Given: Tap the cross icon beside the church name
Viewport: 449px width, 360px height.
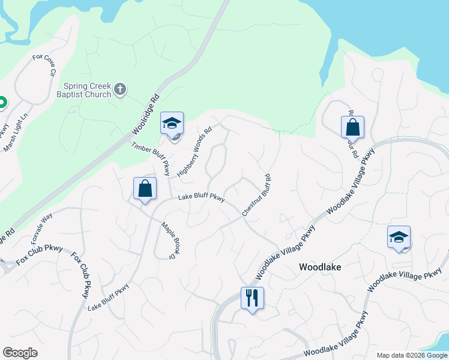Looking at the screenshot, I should (120, 90).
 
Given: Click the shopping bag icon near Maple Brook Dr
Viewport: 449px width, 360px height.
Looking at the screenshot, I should (145, 188).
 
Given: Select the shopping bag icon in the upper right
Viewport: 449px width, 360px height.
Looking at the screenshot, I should (352, 127).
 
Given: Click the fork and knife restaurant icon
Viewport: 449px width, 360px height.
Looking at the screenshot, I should (252, 297).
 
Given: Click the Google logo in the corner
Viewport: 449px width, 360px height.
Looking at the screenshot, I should (20, 353).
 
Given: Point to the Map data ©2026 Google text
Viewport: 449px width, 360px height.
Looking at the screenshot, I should (411, 355).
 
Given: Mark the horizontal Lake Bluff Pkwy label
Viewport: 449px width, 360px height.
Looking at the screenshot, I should (201, 199).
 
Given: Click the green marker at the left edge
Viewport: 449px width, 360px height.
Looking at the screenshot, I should (2, 103).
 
